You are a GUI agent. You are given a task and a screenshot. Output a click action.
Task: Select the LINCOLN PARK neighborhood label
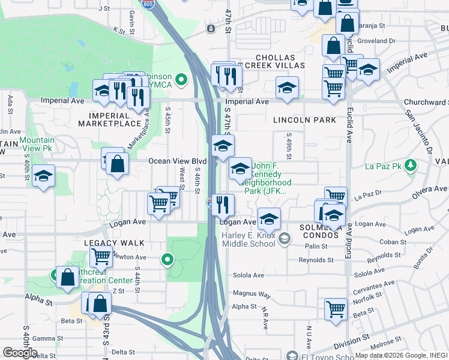coord(304,120)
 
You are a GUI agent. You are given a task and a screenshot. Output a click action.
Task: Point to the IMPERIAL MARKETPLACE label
coord(114,119)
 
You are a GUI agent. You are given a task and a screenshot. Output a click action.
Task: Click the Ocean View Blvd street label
coord(177,161)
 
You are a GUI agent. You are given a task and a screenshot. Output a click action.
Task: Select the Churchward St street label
coord(426,102)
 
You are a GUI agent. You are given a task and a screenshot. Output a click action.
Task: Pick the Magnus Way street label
coord(252,295)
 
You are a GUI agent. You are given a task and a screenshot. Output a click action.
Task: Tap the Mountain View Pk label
coord(37,143)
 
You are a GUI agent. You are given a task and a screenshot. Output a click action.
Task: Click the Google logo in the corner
coord(20,353)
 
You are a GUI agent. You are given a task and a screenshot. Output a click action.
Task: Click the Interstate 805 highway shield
coord(148,4)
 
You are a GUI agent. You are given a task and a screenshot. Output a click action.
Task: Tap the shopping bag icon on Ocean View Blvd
coord(118,163)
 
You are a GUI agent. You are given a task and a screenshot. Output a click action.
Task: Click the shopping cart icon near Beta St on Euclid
coord(336,309)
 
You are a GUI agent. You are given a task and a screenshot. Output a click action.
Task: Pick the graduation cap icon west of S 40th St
coord(43,176)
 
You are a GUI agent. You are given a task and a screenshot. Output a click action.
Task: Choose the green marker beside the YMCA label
coord(181,79)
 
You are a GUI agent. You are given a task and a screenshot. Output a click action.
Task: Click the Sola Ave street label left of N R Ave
coord(250,275)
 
